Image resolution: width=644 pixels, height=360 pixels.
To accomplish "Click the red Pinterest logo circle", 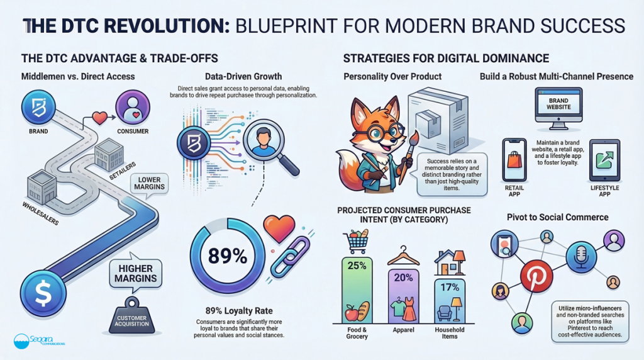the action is (x=536, y=275).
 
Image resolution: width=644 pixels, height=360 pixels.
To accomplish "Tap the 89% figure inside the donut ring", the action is (x=228, y=256).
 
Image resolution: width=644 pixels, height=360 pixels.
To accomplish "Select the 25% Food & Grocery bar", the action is (x=357, y=290).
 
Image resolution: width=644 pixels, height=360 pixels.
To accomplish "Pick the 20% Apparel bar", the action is (x=403, y=296).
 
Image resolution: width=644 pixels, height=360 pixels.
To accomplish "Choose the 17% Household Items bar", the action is (x=450, y=301).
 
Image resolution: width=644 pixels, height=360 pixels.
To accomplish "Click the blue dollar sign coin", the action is (x=43, y=293).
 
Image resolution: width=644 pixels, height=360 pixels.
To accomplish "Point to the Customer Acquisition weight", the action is (x=132, y=315).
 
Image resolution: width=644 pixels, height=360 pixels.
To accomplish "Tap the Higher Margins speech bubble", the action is (x=136, y=274).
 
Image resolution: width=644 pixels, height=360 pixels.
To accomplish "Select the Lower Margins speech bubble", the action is (x=149, y=184).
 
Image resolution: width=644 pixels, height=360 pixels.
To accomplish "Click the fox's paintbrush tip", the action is (x=414, y=137).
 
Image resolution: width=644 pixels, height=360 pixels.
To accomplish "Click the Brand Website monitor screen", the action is (x=558, y=104).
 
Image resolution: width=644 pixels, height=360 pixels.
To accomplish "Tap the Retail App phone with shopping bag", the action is (x=514, y=160).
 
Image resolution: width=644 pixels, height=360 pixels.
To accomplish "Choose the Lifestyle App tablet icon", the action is (x=604, y=160).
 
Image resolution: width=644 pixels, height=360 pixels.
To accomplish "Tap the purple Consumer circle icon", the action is (x=133, y=107).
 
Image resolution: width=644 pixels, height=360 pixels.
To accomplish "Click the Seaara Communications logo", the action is (x=39, y=341).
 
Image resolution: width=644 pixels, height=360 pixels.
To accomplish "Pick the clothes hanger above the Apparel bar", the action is (x=403, y=256).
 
